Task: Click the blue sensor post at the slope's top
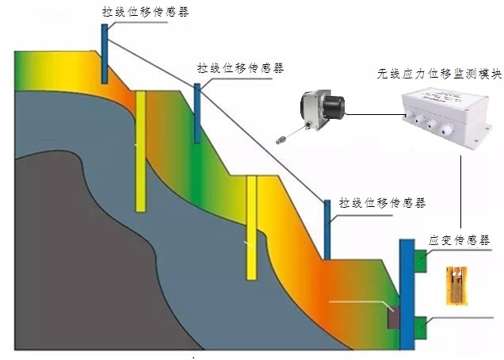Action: click(105, 53)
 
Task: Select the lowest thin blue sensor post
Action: click(326, 230)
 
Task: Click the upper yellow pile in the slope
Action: click(140, 151)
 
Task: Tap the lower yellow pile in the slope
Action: click(251, 227)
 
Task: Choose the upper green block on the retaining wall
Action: click(419, 259)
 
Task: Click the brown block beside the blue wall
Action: click(392, 317)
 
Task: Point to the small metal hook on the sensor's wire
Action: click(279, 139)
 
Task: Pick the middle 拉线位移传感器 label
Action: click(240, 69)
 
